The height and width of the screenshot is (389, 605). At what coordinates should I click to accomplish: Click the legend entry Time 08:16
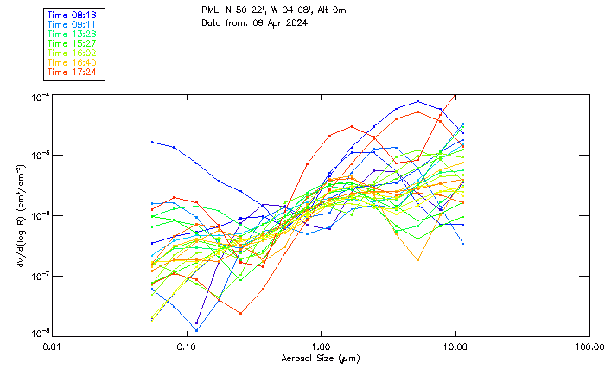point(73,16)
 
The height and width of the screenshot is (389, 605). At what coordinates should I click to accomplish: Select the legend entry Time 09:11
point(73,25)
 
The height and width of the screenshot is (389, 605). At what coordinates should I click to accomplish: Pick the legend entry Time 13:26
point(73,35)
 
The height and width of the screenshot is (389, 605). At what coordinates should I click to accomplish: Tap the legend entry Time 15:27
point(73,43)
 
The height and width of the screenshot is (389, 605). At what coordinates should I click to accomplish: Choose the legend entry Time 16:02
point(73,53)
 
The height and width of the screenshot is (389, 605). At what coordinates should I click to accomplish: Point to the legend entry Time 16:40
point(73,62)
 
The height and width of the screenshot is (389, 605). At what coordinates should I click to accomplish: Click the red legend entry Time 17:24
point(73,72)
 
